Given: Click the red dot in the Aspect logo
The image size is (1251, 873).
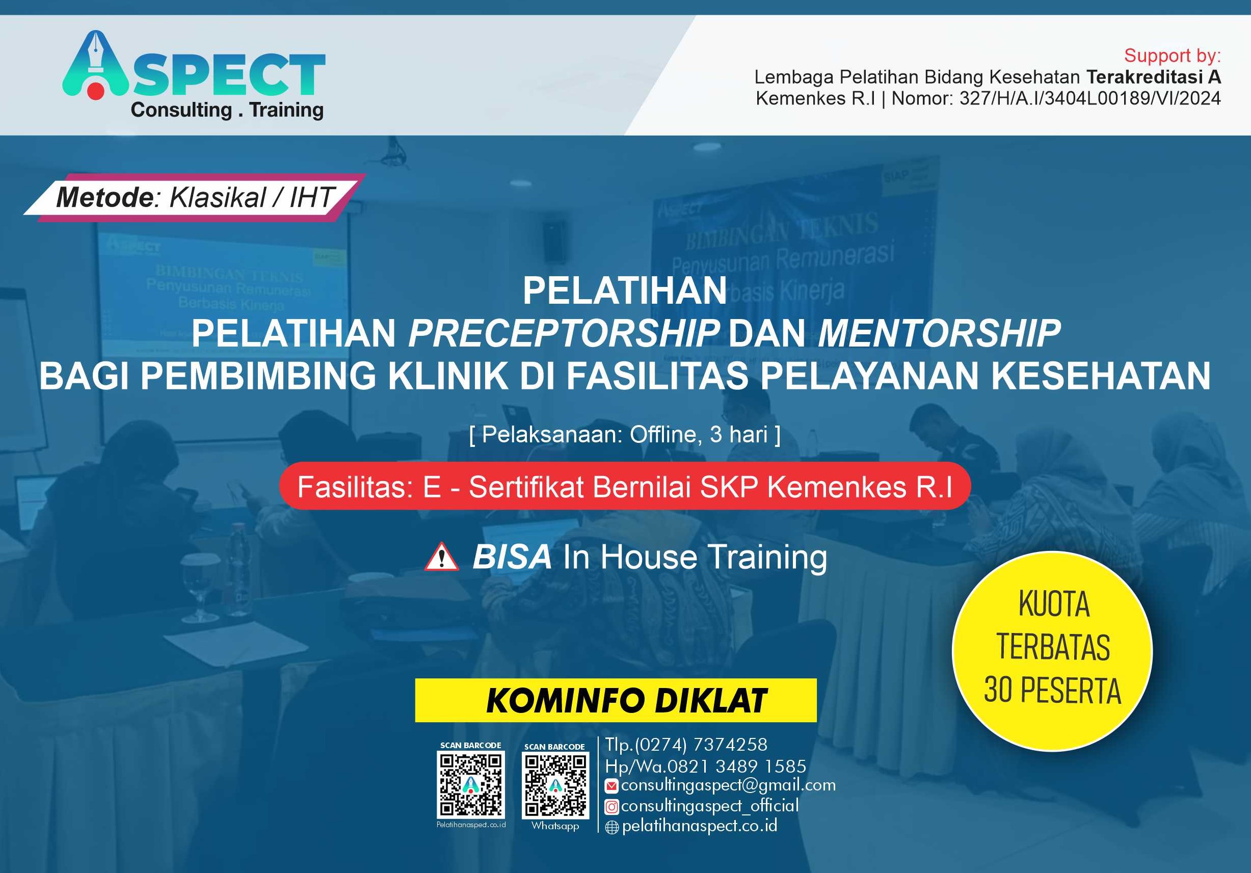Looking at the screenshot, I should tap(95, 91).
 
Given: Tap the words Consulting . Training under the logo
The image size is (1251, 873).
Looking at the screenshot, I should tap(227, 110).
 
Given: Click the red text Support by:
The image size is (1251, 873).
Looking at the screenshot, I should tap(1172, 56).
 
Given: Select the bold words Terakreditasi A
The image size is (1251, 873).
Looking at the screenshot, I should tap(1154, 77).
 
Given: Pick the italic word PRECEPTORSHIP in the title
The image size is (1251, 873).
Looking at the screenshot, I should tap(564, 333).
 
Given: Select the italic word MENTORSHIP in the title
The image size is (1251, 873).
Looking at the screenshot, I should tap(939, 333).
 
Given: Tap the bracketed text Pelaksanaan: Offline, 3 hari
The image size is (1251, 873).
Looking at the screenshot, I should tap(625, 435).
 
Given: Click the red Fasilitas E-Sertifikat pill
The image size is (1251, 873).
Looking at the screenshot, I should tap(625, 487).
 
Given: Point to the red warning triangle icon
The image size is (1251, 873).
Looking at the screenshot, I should tap(441, 557).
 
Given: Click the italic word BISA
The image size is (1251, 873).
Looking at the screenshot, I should tap(512, 557).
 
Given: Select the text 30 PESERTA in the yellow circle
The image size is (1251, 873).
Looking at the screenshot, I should tap(1052, 690).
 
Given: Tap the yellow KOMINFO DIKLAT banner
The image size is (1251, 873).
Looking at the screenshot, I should tap(616, 700).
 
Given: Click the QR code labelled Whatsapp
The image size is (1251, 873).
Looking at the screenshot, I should tap(555, 785).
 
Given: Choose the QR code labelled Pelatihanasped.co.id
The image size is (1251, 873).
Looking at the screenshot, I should tap(471, 784).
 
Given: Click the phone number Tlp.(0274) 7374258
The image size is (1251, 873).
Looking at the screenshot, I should tap(686, 745).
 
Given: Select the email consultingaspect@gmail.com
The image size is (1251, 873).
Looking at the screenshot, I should tap(728, 785).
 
